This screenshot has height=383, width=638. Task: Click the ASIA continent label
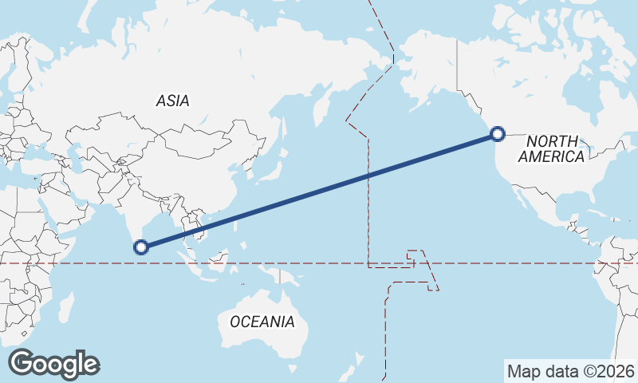pyautogui.click(x=173, y=101)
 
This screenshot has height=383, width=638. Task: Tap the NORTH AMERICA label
pyautogui.click(x=552, y=148)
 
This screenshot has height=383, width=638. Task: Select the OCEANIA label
pyautogui.click(x=262, y=322)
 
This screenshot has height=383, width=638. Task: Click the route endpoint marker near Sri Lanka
pyautogui.click(x=142, y=247)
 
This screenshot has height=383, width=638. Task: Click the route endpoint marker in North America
pyautogui.click(x=498, y=134)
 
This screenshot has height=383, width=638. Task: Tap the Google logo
pyautogui.click(x=53, y=363)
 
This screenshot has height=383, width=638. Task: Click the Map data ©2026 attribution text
pyautogui.click(x=571, y=371)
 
